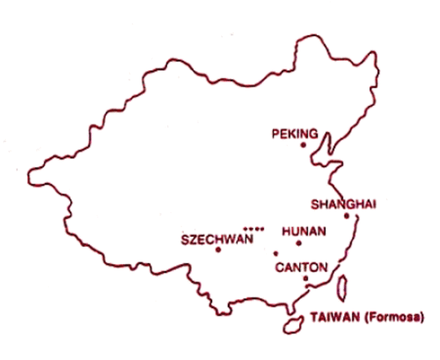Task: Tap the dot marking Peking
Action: tap(303, 145)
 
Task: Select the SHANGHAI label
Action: tap(342, 204)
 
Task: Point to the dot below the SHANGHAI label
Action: tap(346, 216)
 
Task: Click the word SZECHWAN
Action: tap(217, 239)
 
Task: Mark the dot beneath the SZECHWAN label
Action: tap(218, 250)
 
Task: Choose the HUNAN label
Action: tap(304, 232)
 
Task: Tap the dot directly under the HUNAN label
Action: tap(298, 243)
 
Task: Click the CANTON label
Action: tap(301, 267)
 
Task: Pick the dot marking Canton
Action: tap(305, 278)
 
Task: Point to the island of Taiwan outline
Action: tap(344, 289)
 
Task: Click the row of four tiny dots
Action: tap(253, 228)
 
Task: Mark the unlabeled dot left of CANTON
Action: tap(275, 253)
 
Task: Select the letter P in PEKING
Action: tap(275, 134)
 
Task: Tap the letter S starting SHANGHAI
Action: tap(314, 204)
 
